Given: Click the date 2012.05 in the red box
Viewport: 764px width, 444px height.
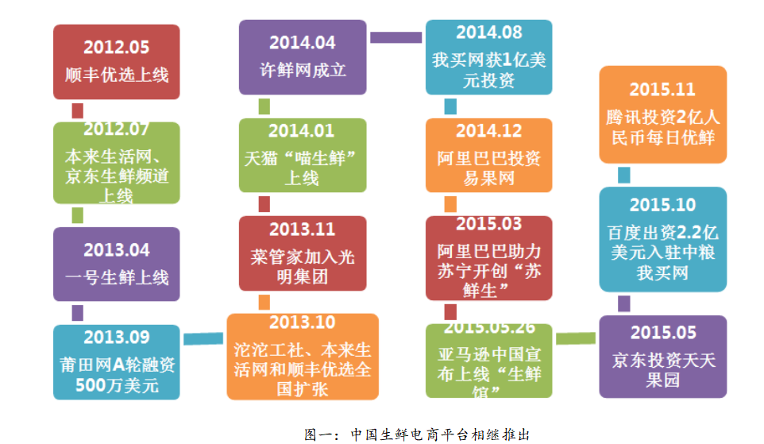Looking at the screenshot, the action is click(x=117, y=48).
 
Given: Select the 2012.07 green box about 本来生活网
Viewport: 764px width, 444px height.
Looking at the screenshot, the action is click(x=117, y=163).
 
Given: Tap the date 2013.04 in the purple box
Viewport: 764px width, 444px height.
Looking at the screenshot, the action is click(x=117, y=250).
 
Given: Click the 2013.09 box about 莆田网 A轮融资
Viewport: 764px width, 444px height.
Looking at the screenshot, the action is click(x=117, y=362).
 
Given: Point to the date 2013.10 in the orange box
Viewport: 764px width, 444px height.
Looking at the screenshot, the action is click(x=302, y=322).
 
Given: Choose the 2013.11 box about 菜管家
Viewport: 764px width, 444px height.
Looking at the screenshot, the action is click(x=303, y=253).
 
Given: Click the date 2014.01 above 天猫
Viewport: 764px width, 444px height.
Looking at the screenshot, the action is click(x=301, y=130).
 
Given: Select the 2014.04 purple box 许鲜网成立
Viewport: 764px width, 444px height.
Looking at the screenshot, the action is click(x=303, y=57).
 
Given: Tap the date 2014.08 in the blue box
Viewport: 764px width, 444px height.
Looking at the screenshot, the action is click(x=488, y=32).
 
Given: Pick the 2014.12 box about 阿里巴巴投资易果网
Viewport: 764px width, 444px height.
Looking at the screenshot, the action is click(x=488, y=156).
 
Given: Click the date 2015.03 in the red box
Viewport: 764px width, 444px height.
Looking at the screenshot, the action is click(x=488, y=224).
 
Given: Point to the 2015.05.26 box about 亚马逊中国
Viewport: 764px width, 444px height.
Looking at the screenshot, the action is click(x=488, y=361).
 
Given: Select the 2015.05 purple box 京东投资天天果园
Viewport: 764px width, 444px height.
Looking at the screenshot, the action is click(x=662, y=357).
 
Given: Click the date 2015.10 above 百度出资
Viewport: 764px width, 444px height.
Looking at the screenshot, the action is click(x=662, y=205).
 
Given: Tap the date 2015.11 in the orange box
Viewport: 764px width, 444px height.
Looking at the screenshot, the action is click(x=662, y=90).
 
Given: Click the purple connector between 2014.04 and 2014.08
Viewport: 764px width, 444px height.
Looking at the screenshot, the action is click(x=396, y=37).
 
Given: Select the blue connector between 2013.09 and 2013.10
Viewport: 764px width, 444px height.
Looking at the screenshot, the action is click(x=203, y=338).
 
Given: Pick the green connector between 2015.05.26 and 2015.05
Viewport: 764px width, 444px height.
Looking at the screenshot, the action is click(x=576, y=338).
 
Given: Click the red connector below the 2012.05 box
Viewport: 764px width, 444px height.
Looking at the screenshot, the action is click(x=78, y=110).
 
